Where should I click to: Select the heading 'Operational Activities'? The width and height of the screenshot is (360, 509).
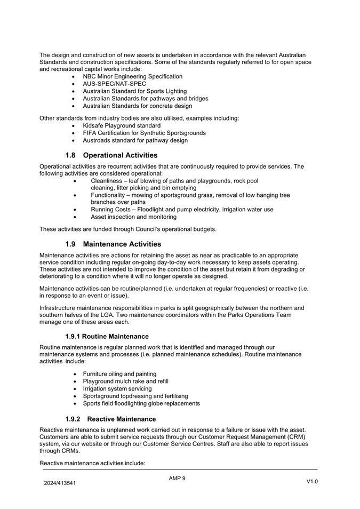click(x=120, y=155)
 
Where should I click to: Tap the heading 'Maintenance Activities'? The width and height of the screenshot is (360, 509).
click(x=122, y=244)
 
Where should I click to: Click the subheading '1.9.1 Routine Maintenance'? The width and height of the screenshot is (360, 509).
click(x=107, y=336)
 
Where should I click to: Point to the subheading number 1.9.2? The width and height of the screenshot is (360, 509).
click(x=75, y=419)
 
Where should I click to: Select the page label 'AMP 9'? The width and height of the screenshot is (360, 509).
click(x=177, y=478)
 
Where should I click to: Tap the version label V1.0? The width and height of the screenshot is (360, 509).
click(x=312, y=482)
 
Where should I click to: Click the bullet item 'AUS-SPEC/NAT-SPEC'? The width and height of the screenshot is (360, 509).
click(x=114, y=84)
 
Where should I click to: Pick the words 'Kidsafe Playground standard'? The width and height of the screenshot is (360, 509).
click(x=122, y=125)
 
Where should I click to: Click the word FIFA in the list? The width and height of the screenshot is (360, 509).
click(x=90, y=133)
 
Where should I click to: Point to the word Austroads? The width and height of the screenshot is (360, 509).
click(x=97, y=140)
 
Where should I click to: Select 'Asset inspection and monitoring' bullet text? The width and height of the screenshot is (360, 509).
click(x=133, y=217)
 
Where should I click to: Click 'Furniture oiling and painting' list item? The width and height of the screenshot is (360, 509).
click(x=119, y=373)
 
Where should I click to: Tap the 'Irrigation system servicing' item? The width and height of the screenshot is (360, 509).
click(x=117, y=388)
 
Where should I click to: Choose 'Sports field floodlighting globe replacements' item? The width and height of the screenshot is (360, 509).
click(x=141, y=403)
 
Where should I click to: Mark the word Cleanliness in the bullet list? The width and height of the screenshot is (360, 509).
click(x=108, y=180)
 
